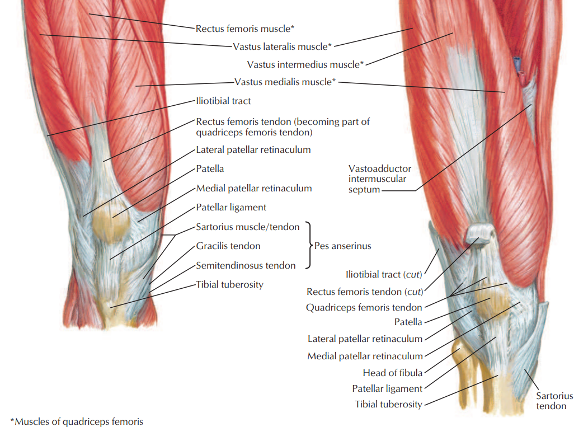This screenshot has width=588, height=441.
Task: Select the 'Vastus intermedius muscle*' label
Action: point(305,64)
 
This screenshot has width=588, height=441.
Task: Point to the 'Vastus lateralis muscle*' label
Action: point(283,46)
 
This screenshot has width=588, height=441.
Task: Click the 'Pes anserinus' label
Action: point(342,246)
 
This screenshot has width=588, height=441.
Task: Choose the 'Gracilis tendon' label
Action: point(228,246)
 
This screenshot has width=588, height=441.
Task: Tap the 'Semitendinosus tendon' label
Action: point(246,265)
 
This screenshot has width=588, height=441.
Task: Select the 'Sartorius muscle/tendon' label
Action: point(248,227)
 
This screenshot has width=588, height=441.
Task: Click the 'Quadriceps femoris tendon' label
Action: point(364,307)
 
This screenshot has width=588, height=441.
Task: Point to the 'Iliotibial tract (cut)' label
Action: point(383,275)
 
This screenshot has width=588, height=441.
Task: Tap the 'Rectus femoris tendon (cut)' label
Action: point(364,292)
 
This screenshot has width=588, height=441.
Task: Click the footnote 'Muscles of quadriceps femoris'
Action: point(77,421)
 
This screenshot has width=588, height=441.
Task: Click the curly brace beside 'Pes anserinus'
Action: point(308,246)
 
